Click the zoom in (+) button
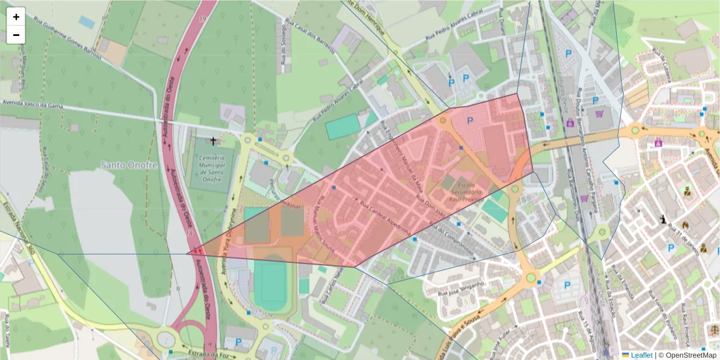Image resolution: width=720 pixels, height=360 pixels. pos(16,17)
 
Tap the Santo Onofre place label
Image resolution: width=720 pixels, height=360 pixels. pos(129,165)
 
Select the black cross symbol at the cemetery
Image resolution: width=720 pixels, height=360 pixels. pos(213,142)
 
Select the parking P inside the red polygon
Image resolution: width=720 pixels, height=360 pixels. pos(470,121)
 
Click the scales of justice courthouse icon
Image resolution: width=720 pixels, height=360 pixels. pos(714,329)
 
